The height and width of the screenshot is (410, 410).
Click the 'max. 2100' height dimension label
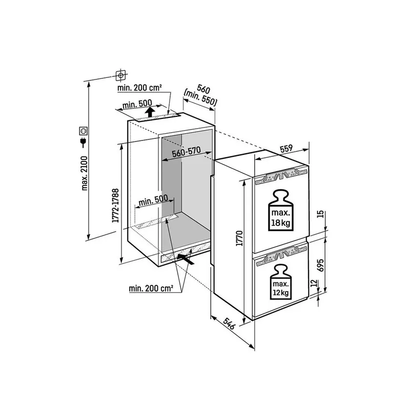pyautogui.click(x=85, y=173)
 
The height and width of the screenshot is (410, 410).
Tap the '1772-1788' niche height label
pyautogui.click(x=116, y=206)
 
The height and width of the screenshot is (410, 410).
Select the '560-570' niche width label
pyautogui.click(x=186, y=152)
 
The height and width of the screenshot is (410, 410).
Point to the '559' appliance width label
pyautogui.click(x=286, y=149)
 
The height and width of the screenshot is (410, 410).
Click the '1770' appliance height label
pyautogui.click(x=239, y=238)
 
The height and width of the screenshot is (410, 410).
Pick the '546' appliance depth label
pyautogui.click(x=229, y=323)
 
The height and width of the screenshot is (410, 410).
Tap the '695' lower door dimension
pyautogui.click(x=321, y=265)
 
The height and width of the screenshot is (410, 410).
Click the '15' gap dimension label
pyautogui.click(x=321, y=214)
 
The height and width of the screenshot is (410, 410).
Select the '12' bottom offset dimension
pyautogui.click(x=314, y=283)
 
